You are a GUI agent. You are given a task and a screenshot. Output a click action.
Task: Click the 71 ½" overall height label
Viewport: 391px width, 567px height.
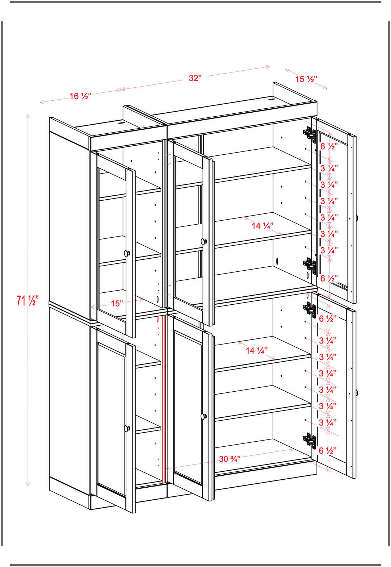click(27, 300)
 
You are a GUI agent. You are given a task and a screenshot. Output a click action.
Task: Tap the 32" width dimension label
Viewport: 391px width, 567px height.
click(195, 78)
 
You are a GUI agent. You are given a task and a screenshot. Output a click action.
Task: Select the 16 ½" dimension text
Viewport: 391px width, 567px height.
click(80, 96)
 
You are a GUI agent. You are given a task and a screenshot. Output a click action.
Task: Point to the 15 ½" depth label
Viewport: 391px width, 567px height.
click(306, 79)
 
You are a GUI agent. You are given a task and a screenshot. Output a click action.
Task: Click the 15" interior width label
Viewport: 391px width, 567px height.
click(117, 304)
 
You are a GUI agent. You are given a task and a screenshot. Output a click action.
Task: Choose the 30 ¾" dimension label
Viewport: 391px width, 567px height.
click(230, 459)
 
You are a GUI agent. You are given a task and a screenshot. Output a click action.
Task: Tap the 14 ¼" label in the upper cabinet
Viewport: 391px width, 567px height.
click(262, 226)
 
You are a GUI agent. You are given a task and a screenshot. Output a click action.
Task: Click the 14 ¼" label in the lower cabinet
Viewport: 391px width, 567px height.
click(257, 351)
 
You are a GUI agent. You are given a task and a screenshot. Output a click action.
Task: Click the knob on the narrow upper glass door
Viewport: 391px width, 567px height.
click(127, 253)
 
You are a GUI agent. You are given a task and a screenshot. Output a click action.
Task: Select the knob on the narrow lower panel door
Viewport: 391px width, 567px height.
click(127, 429)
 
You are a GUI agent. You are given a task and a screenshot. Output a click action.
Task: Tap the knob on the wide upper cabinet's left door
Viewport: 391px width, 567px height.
click(204, 242)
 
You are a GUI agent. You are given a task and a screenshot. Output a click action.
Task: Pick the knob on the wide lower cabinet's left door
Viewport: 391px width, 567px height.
click(203, 416)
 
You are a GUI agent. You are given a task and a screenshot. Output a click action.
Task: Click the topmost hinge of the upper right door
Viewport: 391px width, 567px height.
click(310, 134)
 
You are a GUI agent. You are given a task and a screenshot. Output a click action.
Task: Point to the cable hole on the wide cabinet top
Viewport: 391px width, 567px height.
click(271, 100)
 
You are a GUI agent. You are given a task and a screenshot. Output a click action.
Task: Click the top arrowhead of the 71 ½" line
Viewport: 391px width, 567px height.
click(28, 116)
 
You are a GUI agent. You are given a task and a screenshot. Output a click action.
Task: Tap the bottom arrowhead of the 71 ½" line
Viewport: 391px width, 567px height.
click(28, 484)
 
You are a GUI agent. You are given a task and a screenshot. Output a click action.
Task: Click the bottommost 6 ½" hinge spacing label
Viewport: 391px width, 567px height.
click(328, 450)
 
